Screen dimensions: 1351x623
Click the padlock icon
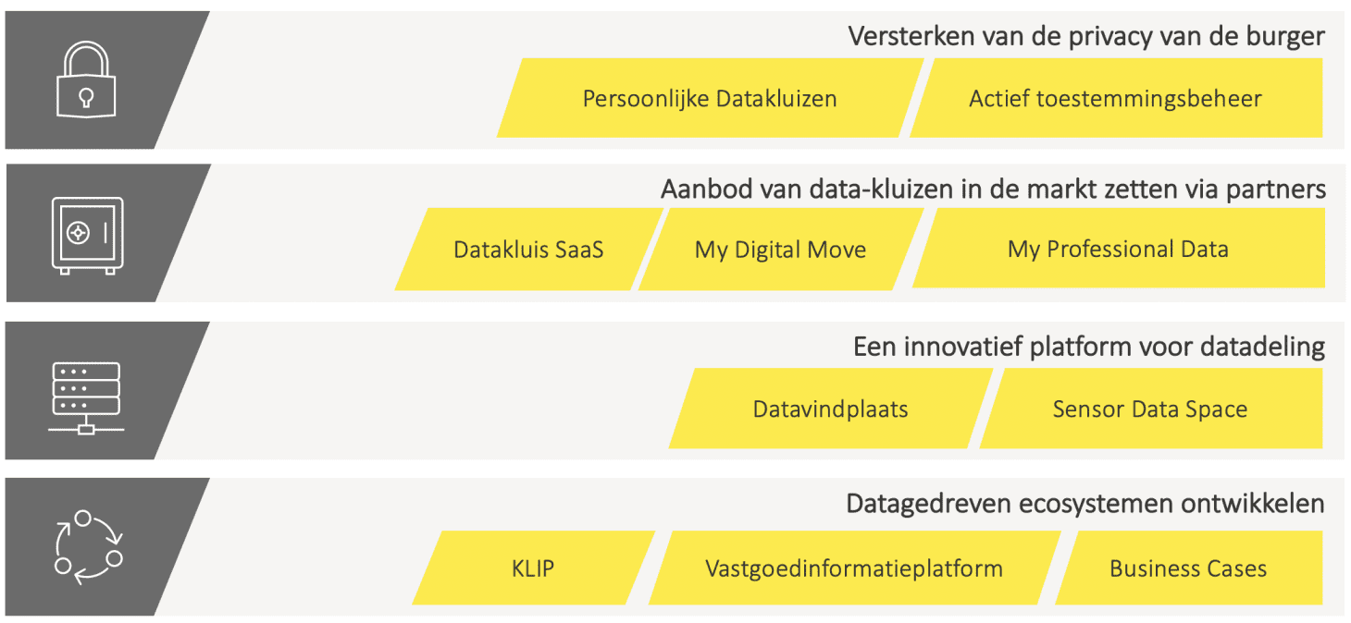click(86, 79)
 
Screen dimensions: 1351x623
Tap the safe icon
click(88, 236)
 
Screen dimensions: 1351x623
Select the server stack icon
click(86, 397)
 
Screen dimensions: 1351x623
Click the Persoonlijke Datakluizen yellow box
click(710, 98)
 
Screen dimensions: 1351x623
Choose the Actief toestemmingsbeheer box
click(1116, 98)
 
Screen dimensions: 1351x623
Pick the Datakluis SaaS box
click(529, 249)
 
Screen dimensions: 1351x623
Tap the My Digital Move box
click(780, 249)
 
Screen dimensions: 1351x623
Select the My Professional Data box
click(1118, 248)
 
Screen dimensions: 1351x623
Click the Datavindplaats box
click(831, 409)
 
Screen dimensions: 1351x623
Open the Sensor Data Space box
click(1150, 409)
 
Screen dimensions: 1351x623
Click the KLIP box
click(533, 568)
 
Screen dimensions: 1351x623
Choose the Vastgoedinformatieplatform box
click(854, 568)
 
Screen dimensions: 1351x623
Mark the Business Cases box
click(1188, 568)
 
